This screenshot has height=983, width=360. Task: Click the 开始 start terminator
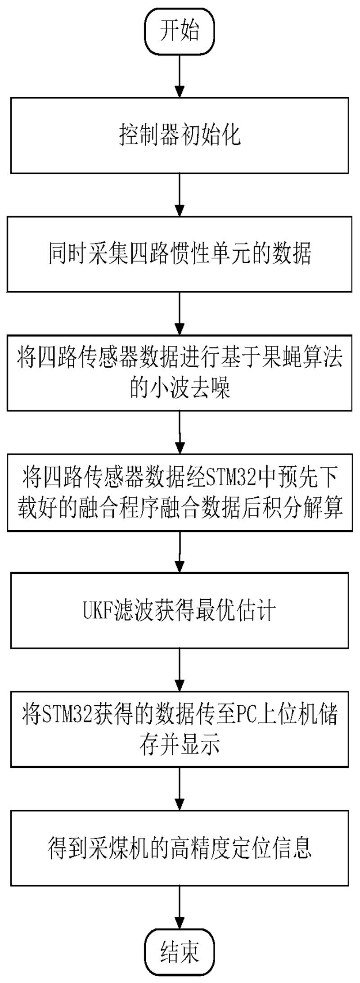[180, 32]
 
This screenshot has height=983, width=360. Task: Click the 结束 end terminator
[180, 952]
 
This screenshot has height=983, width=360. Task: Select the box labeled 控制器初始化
[180, 135]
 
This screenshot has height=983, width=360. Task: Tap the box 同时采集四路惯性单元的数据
[180, 254]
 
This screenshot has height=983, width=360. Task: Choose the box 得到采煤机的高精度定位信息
[180, 849]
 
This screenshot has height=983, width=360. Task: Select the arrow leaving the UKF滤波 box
[180, 669]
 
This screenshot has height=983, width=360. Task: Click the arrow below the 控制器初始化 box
[180, 194]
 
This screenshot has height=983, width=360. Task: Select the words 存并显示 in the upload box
[180, 745]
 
